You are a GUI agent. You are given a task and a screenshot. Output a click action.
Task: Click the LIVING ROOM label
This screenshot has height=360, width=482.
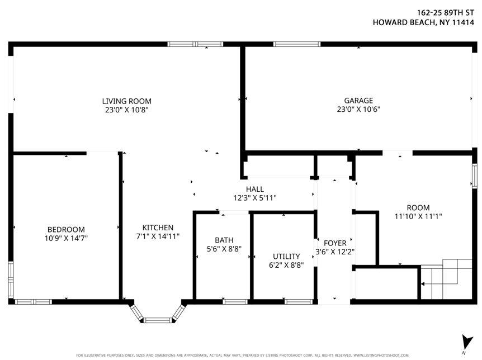pyautogui.click(x=126, y=101)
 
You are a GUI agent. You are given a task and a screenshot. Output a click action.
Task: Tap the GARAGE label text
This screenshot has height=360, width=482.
pyautogui.click(x=355, y=101)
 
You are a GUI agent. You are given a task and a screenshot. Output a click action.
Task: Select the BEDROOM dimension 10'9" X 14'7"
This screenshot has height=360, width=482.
pyautogui.click(x=66, y=238)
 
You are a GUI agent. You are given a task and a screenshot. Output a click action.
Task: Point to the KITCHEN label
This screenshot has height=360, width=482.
pyautogui.click(x=158, y=228)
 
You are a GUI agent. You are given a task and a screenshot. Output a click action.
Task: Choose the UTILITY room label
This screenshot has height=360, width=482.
pyautogui.click(x=286, y=256)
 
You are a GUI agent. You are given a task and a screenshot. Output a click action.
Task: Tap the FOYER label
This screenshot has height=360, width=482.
pyautogui.click(x=335, y=243)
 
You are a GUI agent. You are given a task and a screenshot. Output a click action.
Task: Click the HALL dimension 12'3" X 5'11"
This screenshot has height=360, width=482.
pyautogui.click(x=254, y=198)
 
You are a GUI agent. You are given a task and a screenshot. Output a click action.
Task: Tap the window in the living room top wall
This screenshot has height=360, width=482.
pyautogui.click(x=195, y=44)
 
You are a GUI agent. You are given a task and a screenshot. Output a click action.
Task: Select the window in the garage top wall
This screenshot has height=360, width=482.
pyautogui.click(x=296, y=44)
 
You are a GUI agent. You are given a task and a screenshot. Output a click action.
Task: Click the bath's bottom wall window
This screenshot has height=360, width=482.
pyautogui.click(x=235, y=302)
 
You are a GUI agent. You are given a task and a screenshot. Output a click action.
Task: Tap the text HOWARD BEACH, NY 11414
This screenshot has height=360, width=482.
pyautogui.click(x=424, y=23)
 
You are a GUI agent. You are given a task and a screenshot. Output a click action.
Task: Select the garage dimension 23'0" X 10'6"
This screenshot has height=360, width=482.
pyautogui.click(x=355, y=110)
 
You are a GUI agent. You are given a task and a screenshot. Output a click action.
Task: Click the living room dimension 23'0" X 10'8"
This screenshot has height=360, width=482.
pyautogui.click(x=126, y=110)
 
